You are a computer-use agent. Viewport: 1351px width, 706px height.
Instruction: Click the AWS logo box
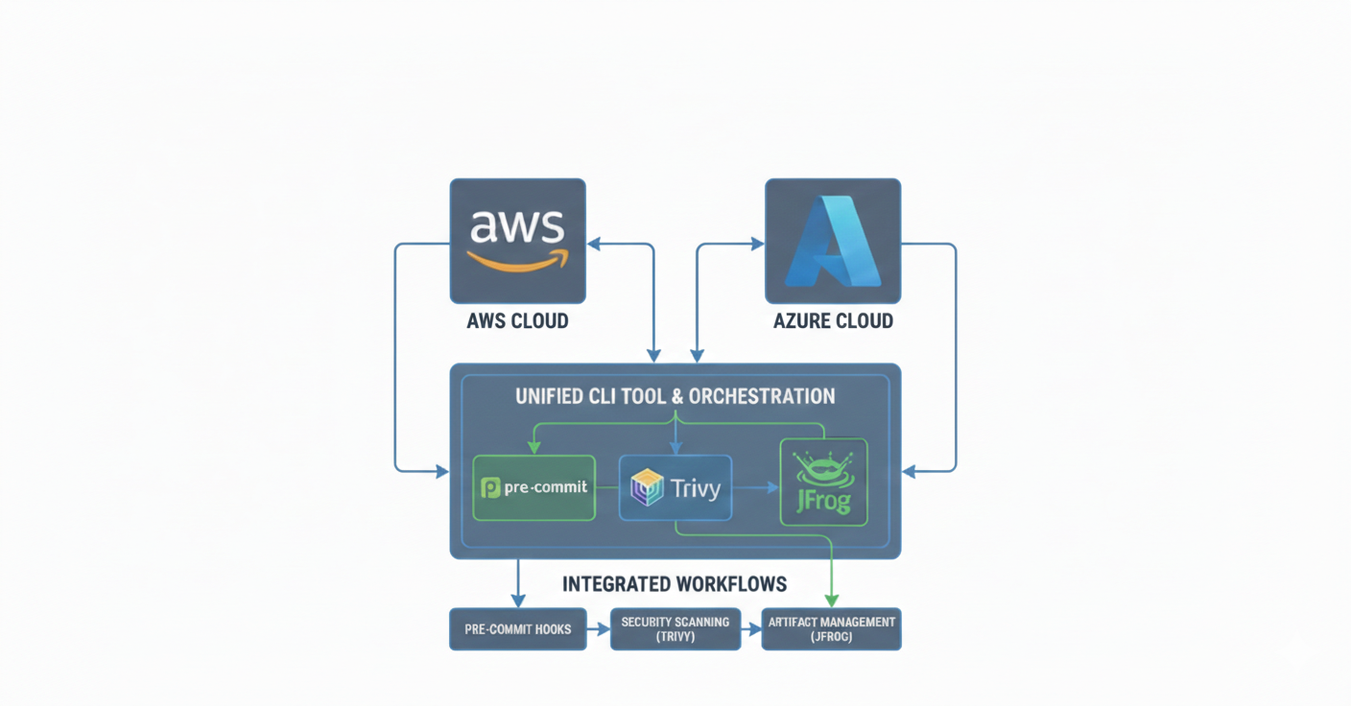(x=517, y=241)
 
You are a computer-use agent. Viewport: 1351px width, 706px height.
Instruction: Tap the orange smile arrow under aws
(x=516, y=261)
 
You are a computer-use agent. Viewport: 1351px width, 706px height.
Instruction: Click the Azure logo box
(x=832, y=241)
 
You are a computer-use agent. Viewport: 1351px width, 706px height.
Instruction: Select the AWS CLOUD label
(x=517, y=321)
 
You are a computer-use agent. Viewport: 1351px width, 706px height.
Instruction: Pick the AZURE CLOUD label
(x=833, y=321)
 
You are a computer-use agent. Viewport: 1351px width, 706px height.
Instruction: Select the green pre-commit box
(x=534, y=488)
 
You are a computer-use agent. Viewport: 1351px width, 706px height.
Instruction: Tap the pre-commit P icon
(x=490, y=488)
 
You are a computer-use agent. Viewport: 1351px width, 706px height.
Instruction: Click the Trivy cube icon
(x=647, y=488)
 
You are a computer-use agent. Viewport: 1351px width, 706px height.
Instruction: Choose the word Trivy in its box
(x=696, y=489)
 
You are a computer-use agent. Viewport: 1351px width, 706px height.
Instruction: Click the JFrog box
(x=823, y=482)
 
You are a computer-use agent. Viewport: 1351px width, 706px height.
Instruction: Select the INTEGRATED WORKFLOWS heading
(x=675, y=584)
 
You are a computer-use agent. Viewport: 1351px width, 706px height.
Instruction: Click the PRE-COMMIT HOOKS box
(x=517, y=629)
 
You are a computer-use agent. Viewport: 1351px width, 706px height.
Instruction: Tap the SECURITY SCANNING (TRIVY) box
(x=675, y=629)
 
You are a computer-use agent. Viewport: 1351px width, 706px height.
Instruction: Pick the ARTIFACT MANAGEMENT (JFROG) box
(x=831, y=629)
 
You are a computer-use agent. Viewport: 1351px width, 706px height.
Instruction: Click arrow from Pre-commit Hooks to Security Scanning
(x=599, y=629)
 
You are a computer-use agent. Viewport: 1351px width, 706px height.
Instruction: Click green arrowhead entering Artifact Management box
(x=831, y=600)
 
